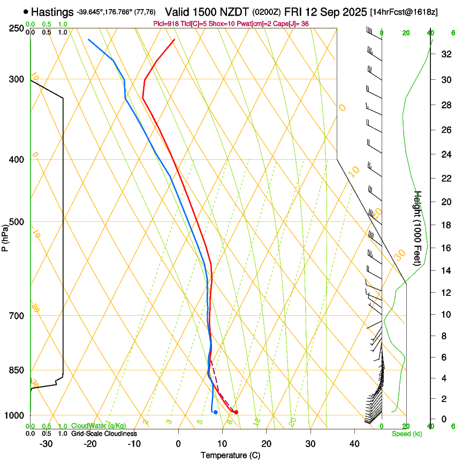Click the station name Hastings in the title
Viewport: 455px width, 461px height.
52,12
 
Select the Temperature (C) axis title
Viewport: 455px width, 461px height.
230,455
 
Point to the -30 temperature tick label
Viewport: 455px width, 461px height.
46,444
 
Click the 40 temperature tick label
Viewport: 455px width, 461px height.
354,444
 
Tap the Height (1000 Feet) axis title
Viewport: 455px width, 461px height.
418,228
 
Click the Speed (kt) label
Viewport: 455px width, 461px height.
406,434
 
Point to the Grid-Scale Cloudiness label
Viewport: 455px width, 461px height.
104,433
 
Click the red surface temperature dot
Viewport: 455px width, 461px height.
236,412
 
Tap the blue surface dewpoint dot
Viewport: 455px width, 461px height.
215,412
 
